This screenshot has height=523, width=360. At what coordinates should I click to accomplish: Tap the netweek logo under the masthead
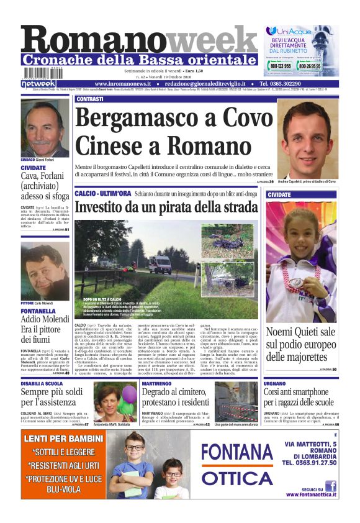click(38, 83)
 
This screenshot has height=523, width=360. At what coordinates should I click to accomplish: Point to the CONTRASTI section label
click(89, 99)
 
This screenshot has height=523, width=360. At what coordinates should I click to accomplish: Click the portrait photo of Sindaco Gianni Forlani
click(45, 128)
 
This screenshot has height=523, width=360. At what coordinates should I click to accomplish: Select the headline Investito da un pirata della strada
click(166, 207)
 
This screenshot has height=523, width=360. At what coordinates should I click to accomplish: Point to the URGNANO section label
click(277, 384)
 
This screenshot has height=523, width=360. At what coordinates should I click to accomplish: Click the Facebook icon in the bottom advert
click(330, 486)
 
